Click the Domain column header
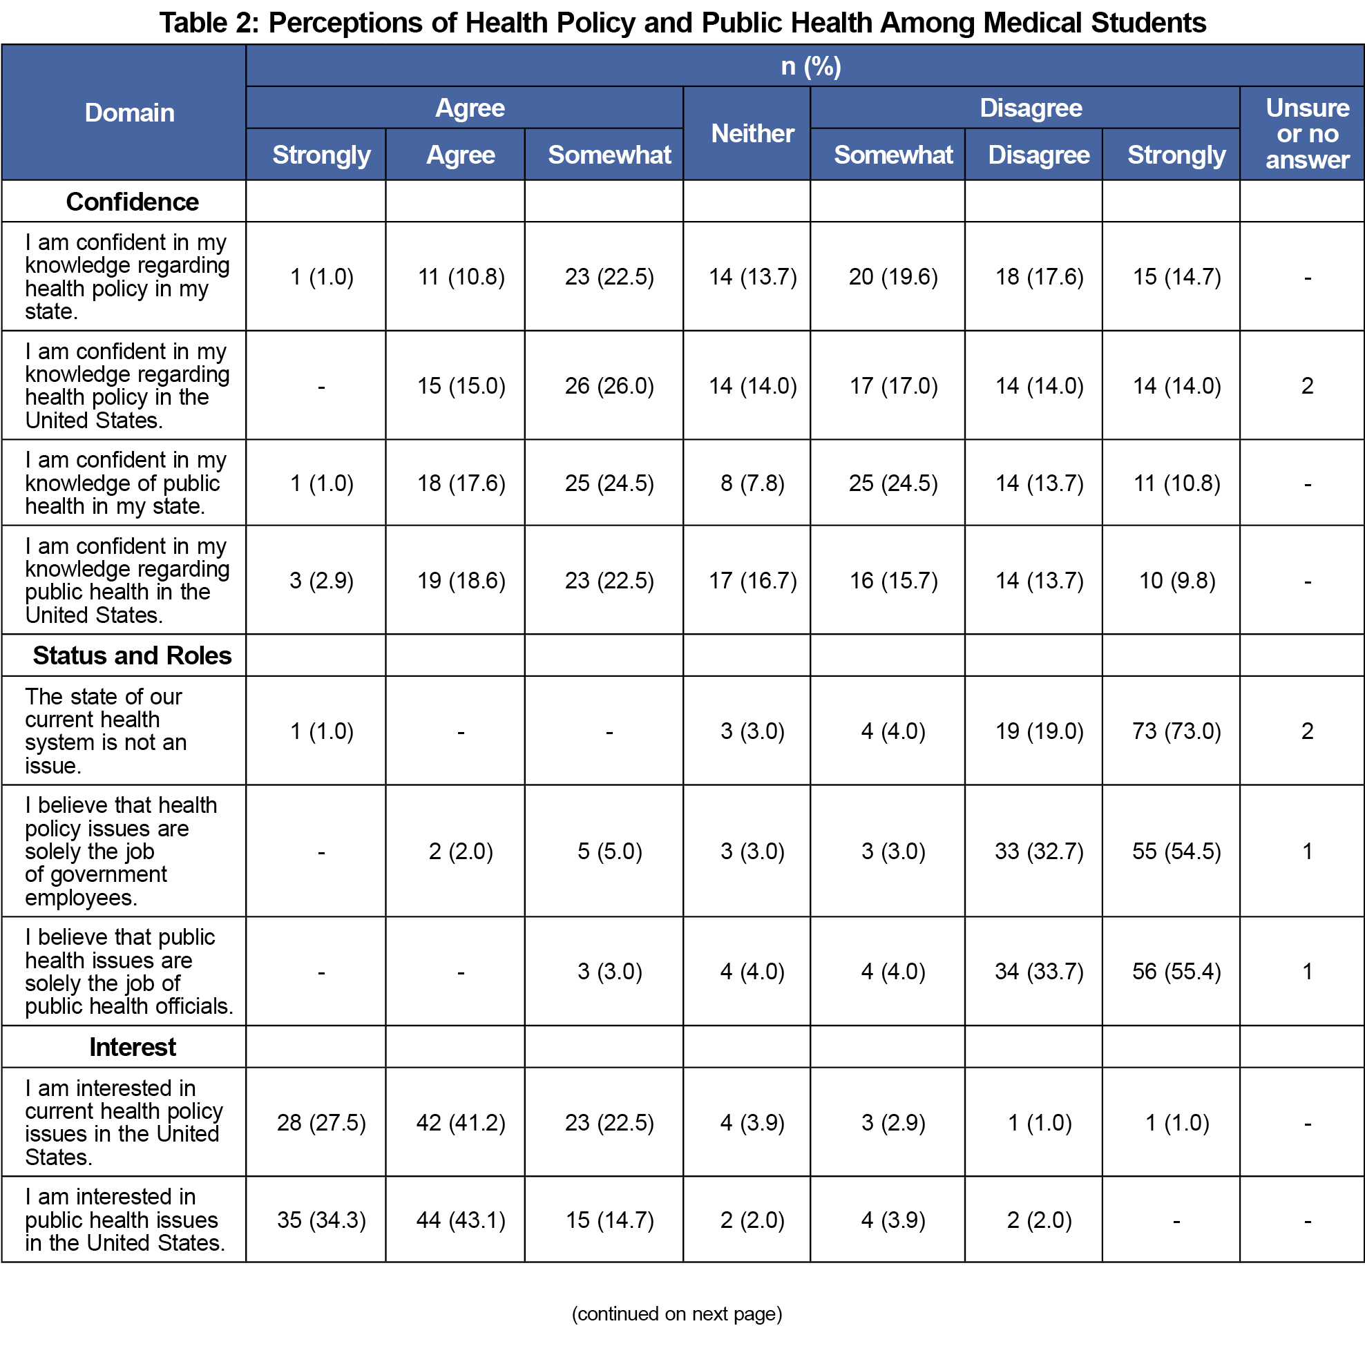click(x=129, y=113)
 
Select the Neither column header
click(x=752, y=133)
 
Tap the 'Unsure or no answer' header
click(x=1307, y=133)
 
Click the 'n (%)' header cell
click(x=810, y=66)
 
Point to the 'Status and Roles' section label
click(x=132, y=655)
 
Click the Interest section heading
click(x=132, y=1046)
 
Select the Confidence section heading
click(x=132, y=202)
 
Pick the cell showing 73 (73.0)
click(x=1176, y=731)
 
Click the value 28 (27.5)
click(x=321, y=1122)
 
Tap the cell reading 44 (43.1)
click(x=461, y=1220)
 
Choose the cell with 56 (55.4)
click(x=1176, y=971)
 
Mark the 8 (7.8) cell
click(x=752, y=483)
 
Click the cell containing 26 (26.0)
click(x=609, y=385)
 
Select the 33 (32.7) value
click(x=1038, y=851)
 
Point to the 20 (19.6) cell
click(x=893, y=276)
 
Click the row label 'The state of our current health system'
click(x=106, y=731)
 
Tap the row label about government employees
click(x=121, y=851)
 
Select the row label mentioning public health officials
click(x=129, y=971)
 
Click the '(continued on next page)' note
click(x=677, y=1314)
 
